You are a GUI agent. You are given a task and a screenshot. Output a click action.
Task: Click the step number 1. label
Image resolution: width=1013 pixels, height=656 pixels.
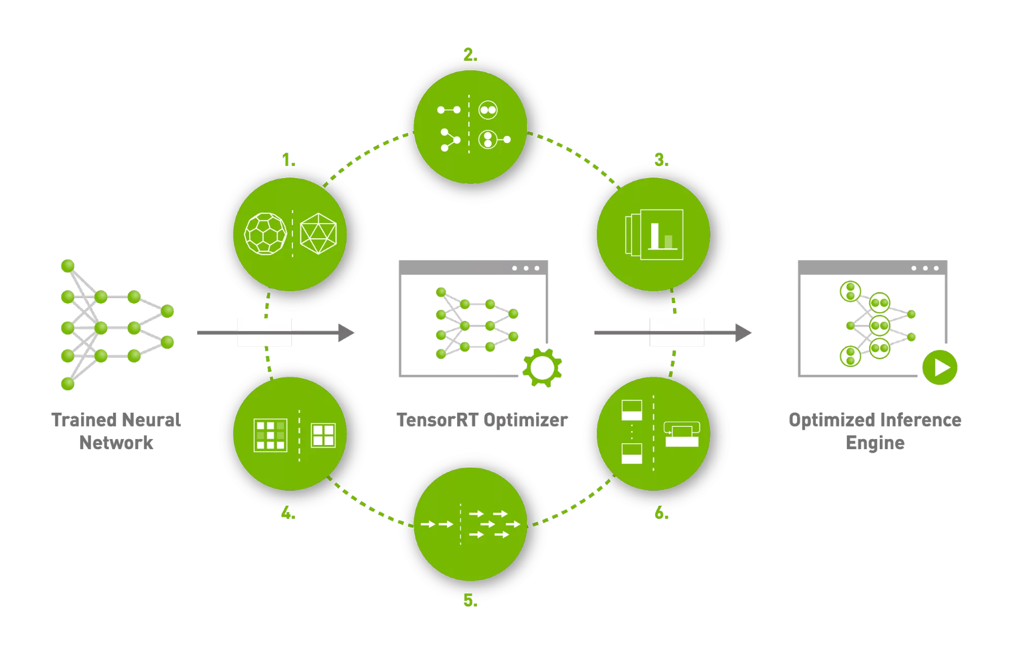(x=289, y=160)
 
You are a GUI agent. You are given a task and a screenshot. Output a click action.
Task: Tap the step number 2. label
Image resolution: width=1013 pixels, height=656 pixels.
(x=470, y=54)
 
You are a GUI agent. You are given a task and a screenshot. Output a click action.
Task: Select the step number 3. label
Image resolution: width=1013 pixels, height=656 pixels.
(x=661, y=160)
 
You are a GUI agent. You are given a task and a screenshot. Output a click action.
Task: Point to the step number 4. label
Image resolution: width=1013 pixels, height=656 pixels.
(x=288, y=513)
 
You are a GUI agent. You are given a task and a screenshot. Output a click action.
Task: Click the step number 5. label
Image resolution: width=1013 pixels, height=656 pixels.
(x=470, y=600)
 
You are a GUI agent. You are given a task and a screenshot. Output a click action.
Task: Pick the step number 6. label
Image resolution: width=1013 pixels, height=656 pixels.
(x=661, y=513)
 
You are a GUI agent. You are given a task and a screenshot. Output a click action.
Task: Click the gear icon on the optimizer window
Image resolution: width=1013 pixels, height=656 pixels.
(x=542, y=368)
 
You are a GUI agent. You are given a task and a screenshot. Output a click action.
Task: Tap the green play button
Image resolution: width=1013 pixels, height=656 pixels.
(x=940, y=368)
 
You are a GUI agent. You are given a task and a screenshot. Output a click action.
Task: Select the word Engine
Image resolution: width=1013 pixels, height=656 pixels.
(x=875, y=443)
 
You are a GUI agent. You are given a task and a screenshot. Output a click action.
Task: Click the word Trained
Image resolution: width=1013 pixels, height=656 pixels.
(x=84, y=420)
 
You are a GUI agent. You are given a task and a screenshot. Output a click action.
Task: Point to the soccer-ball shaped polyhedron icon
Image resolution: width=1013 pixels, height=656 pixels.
(x=265, y=234)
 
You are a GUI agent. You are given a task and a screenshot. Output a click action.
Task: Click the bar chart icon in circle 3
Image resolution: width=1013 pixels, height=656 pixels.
(x=654, y=234)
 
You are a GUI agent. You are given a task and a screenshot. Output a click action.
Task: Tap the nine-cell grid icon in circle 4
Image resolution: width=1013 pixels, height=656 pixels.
(x=270, y=435)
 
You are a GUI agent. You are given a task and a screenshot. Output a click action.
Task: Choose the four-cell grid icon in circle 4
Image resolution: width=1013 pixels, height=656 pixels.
(x=323, y=435)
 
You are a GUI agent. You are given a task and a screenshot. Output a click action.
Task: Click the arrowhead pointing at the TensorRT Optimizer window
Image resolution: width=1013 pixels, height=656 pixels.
(x=346, y=333)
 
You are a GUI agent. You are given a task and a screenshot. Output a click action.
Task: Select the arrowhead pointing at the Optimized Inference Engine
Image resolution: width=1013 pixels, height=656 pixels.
(x=743, y=333)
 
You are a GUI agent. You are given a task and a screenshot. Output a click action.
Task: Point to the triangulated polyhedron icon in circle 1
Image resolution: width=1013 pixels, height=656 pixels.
(x=318, y=234)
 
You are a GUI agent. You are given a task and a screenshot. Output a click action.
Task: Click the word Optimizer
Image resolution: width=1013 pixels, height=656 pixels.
(x=526, y=420)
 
